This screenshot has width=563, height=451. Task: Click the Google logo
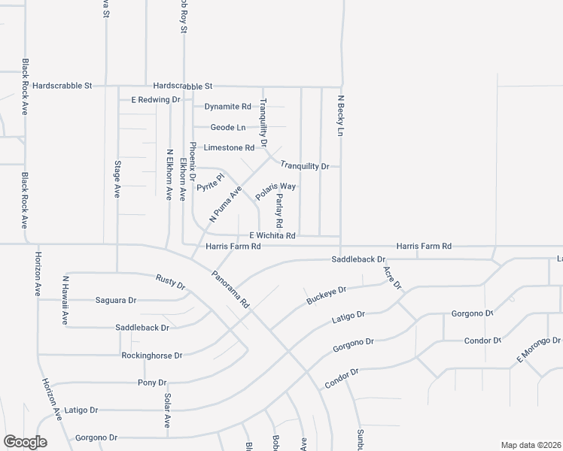pyautogui.click(x=25, y=442)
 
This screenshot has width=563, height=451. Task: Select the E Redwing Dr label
pyautogui.click(x=156, y=99)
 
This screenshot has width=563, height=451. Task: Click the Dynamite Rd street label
pyautogui.click(x=227, y=107)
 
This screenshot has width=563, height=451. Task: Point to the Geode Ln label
pyautogui.click(x=227, y=128)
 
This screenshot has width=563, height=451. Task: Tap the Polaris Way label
pyautogui.click(x=275, y=191)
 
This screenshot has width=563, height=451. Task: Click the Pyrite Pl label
pyautogui.click(x=211, y=183)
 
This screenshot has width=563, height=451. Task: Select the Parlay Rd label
pyautogui.click(x=278, y=210)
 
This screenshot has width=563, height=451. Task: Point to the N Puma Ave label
pyautogui.click(x=225, y=204)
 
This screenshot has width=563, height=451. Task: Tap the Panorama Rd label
pyautogui.click(x=230, y=290)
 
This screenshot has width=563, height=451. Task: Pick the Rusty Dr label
pyautogui.click(x=170, y=281)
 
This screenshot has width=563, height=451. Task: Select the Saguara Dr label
pyautogui.click(x=115, y=301)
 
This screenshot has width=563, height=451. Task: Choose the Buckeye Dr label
pyautogui.click(x=326, y=295)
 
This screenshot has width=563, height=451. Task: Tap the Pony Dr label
pyautogui.click(x=146, y=383)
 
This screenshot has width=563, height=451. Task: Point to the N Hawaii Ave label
pyautogui.click(x=65, y=301)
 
